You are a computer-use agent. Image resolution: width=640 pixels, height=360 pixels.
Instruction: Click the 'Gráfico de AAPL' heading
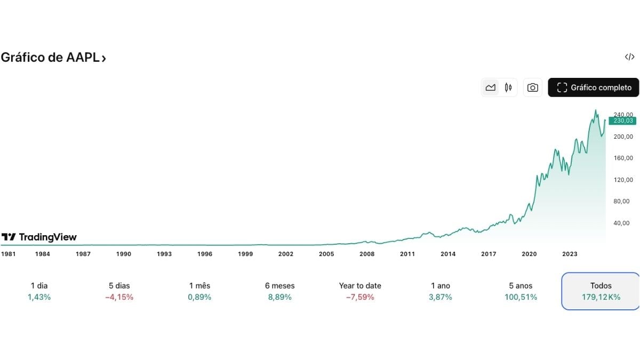click(x=53, y=58)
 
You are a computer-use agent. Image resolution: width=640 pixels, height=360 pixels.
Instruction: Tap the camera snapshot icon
click(x=532, y=87)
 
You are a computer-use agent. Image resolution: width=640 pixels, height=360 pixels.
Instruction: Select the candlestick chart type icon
click(x=508, y=87)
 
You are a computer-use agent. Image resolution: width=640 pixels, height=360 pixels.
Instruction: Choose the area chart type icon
click(x=490, y=87)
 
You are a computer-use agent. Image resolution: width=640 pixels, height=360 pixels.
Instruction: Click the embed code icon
click(x=629, y=57)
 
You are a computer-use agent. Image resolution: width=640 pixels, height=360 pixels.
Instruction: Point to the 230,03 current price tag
click(x=622, y=121)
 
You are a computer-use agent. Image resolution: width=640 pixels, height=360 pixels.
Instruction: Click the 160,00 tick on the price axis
click(x=623, y=158)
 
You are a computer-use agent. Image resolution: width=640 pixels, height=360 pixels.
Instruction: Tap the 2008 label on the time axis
click(x=367, y=254)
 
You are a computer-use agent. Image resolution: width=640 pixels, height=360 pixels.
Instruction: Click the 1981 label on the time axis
click(x=8, y=254)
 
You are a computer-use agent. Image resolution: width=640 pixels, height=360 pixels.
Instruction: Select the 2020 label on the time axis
click(x=529, y=254)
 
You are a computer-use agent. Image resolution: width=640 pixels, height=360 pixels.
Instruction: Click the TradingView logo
click(x=39, y=237)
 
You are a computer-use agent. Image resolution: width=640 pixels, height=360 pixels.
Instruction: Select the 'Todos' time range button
click(x=601, y=291)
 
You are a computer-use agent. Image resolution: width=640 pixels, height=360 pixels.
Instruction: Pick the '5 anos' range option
click(x=521, y=286)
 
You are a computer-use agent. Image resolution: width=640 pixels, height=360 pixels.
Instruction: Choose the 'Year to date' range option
click(x=360, y=286)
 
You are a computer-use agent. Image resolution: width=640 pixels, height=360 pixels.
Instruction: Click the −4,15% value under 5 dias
click(x=119, y=297)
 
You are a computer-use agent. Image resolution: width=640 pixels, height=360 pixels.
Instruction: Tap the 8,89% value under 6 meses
click(x=279, y=297)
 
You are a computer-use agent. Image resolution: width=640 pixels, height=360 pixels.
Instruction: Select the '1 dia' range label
click(x=39, y=286)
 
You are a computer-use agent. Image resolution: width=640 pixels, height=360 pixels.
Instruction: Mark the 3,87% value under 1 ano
click(x=440, y=297)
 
